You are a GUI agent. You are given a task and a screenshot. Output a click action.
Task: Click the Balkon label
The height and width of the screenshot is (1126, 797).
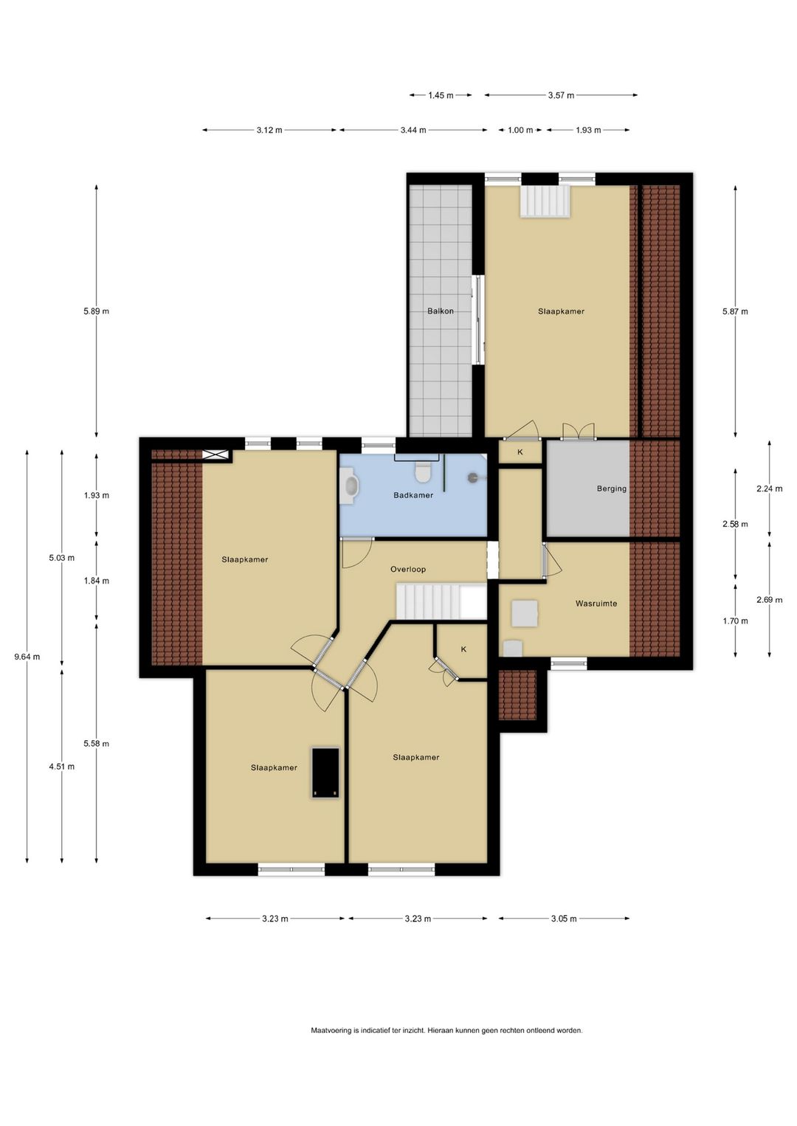tap(440, 311)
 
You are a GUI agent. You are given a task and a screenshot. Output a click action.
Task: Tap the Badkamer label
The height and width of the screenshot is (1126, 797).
tap(413, 495)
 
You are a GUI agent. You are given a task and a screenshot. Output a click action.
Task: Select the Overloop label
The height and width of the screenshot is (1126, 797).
tap(408, 569)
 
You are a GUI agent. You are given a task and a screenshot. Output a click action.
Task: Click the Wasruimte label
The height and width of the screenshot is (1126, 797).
tap(596, 604)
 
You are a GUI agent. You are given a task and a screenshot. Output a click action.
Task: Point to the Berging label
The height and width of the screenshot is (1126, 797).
tap(612, 488)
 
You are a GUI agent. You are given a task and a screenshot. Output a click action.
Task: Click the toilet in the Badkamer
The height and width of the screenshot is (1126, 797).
tap(421, 471)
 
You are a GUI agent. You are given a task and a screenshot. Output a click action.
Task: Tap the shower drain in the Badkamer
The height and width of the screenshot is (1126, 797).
tap(473, 477)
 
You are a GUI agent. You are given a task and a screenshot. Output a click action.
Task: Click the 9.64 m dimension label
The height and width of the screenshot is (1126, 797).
tap(27, 657)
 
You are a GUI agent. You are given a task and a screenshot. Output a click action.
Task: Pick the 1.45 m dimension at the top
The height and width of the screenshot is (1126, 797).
tap(441, 95)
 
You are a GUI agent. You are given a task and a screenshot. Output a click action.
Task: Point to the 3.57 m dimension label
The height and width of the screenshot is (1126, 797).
tap(561, 95)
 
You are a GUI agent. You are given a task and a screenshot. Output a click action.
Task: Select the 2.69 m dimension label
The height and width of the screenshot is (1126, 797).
tap(770, 599)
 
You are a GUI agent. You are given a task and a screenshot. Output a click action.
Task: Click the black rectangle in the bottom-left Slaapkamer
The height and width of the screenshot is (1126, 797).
tap(325, 772)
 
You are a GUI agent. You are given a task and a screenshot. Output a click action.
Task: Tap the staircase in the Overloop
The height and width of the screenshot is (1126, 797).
tap(441, 601)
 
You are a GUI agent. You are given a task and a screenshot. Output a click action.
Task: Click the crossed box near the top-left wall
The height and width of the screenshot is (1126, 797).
tap(215, 455)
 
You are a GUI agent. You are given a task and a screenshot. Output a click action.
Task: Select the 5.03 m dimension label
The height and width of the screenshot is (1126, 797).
tap(62, 558)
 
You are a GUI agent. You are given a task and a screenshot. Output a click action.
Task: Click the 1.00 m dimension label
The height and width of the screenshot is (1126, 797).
tap(520, 130)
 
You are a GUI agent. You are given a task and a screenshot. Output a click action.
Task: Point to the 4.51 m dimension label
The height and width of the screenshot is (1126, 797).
tap(62, 766)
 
